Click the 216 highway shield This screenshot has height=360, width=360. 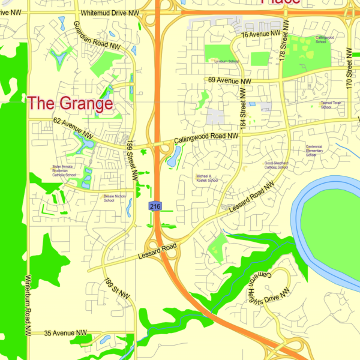pos(155,206)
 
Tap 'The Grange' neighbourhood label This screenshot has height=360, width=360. pos(70,103)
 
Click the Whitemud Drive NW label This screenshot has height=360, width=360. pos(110,13)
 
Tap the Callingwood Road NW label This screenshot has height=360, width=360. pos(206,139)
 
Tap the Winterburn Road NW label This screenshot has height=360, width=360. pos(28,305)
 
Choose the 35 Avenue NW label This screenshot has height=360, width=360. pos(65,333)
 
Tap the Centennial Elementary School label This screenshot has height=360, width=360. pos(314,151)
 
